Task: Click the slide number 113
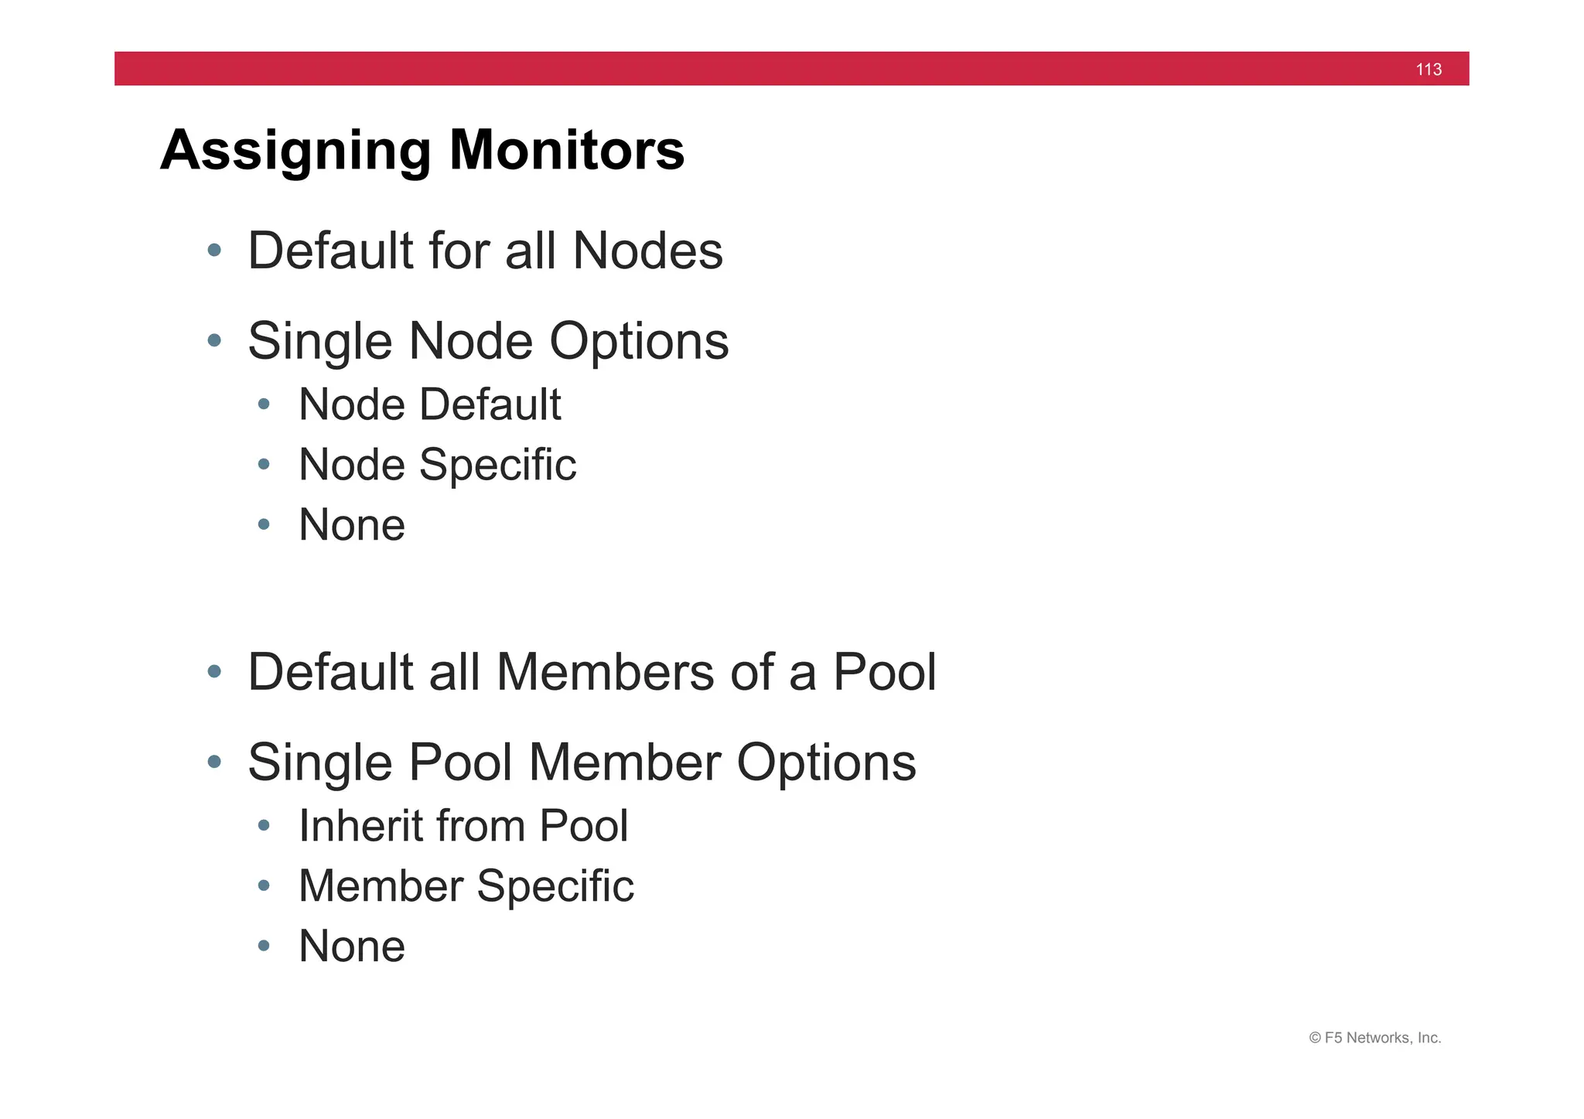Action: tap(1428, 70)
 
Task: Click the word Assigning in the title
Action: tap(295, 150)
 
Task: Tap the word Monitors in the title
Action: tap(566, 150)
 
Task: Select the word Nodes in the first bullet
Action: tap(647, 251)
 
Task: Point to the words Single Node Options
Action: tap(487, 341)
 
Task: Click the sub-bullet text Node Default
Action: tap(429, 404)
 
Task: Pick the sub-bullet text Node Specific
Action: tap(437, 465)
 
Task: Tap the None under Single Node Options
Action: tap(352, 525)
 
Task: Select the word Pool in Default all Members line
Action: tap(884, 672)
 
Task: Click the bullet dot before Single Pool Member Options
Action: tap(215, 762)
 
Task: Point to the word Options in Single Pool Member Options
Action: tap(825, 763)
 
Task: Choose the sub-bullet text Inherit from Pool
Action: tap(463, 826)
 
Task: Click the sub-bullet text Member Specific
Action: tap(466, 886)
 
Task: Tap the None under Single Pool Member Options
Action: tap(352, 947)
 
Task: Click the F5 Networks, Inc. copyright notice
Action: tap(1374, 1038)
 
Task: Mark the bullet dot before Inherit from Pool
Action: tap(264, 825)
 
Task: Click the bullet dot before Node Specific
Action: tap(264, 464)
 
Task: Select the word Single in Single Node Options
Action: tap(319, 341)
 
